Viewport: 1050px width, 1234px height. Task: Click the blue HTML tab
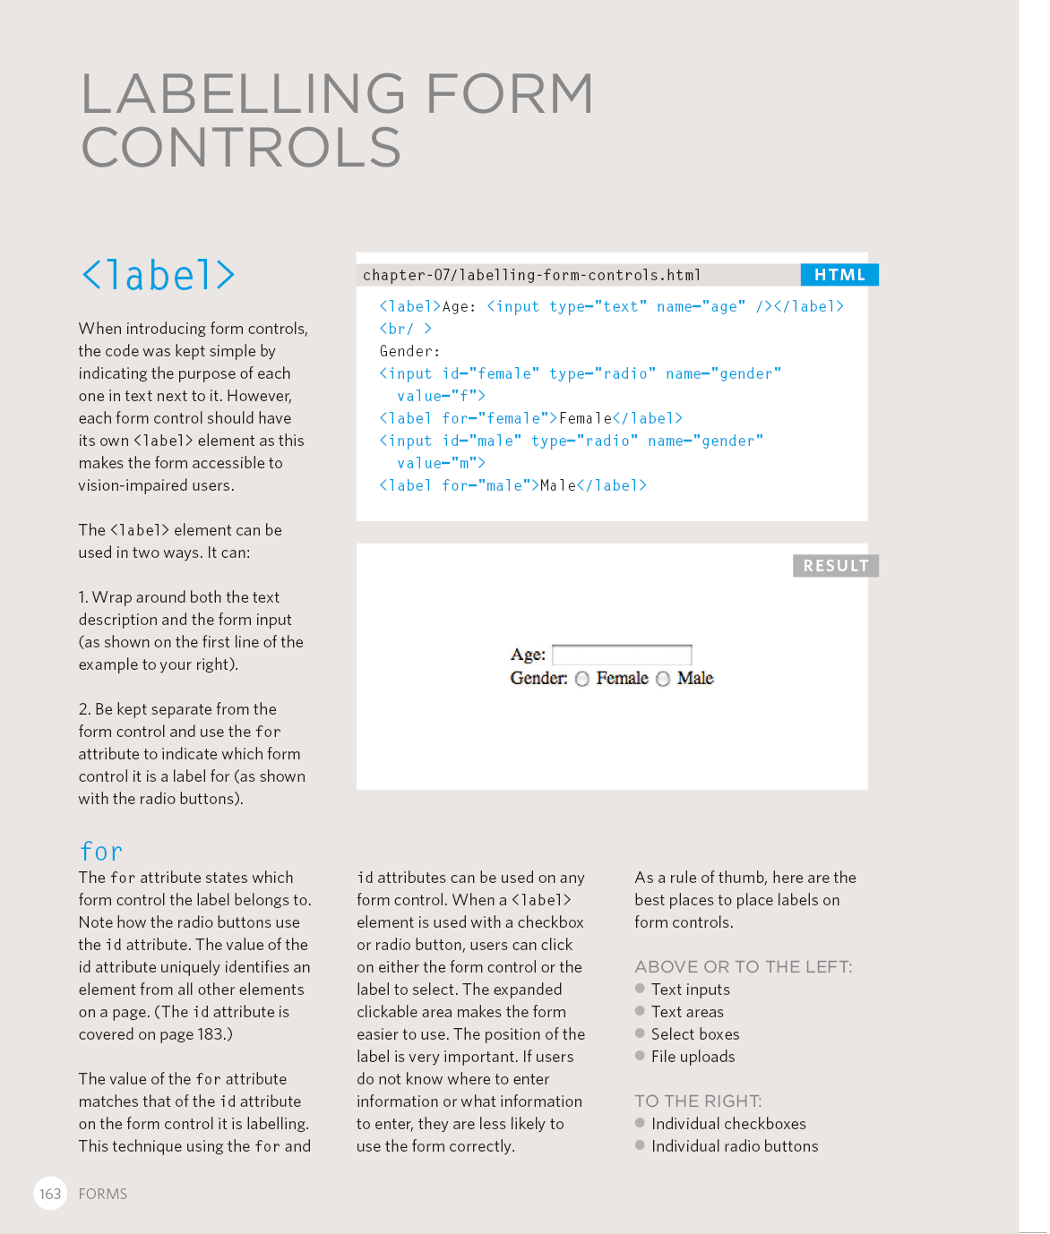coord(839,275)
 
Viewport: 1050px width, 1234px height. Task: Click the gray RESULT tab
coord(835,566)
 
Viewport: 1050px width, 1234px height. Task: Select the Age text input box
coord(622,655)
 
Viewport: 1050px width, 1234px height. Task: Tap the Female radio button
coord(582,679)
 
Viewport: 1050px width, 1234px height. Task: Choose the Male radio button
coord(663,679)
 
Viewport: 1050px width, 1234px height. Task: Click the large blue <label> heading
coord(159,275)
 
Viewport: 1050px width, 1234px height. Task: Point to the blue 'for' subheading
coord(101,852)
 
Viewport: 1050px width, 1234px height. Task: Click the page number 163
coord(50,1194)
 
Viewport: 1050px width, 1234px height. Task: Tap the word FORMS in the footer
coord(103,1194)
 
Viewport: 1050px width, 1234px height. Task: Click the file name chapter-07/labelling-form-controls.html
coord(531,275)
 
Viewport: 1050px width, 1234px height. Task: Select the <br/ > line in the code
coord(406,329)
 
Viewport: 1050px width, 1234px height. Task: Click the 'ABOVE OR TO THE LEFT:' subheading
coord(744,967)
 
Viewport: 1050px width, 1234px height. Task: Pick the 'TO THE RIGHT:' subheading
coord(698,1101)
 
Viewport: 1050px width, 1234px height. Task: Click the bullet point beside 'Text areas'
coord(640,1011)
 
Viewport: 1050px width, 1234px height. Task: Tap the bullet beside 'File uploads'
coord(640,1056)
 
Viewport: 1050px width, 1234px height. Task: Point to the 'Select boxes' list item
coord(695,1034)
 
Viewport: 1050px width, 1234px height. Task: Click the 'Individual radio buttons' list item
coord(735,1146)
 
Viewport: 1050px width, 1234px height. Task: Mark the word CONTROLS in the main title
coord(241,148)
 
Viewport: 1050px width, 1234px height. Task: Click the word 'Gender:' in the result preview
coord(538,679)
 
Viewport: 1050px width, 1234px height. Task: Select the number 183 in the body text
coord(210,1034)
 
